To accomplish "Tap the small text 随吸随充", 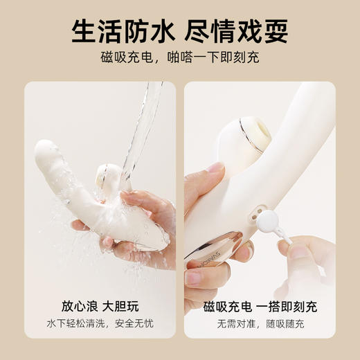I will pos(283,323).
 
